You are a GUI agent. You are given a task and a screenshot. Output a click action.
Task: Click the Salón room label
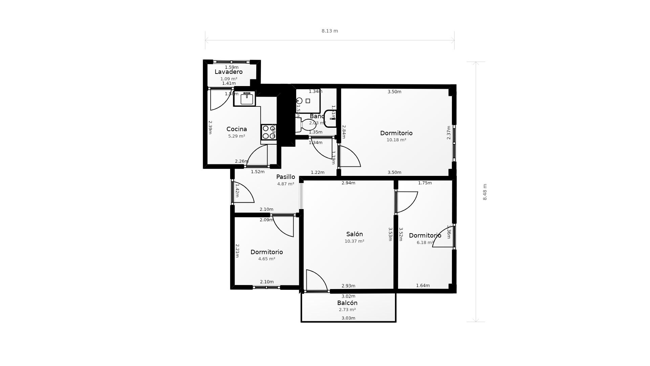tap(354, 234)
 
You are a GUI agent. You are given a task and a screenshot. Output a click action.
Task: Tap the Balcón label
tap(347, 303)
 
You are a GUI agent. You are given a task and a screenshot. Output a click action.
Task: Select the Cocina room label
tap(236, 129)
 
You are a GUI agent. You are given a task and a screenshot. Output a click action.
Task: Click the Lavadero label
tap(229, 72)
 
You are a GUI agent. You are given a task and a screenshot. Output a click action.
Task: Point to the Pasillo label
tap(285, 177)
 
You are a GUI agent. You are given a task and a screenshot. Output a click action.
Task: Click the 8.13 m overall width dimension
tap(329, 31)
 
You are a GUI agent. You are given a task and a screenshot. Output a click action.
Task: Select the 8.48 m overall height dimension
tap(485, 192)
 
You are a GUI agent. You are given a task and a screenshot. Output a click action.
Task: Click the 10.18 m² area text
tap(396, 140)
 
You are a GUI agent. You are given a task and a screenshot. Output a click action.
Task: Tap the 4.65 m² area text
tap(266, 259)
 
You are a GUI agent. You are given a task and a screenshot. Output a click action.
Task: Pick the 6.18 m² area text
tap(425, 243)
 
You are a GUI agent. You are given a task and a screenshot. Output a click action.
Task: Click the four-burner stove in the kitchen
tap(269, 132)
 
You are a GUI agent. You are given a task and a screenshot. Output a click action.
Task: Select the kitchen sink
tap(246, 99)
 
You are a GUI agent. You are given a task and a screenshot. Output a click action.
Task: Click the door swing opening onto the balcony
tap(316, 281)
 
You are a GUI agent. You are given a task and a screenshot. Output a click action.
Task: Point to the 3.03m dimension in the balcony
tap(348, 318)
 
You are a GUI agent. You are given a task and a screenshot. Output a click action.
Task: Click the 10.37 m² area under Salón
tap(354, 241)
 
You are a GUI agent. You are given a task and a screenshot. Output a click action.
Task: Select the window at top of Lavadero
tap(231, 62)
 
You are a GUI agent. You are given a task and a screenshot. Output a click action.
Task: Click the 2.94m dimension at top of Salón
tap(348, 183)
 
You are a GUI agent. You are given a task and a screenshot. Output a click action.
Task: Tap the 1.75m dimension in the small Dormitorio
tap(425, 183)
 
